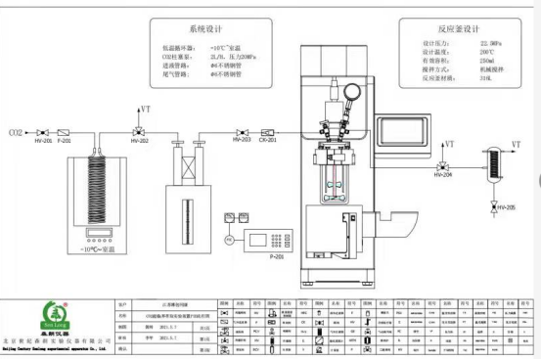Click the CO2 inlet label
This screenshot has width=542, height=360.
coord(17,130)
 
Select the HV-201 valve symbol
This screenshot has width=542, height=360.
coord(43,131)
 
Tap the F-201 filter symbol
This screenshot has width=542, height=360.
coord(65,131)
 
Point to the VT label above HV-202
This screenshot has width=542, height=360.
coord(146,109)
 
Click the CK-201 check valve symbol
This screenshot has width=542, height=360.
coord(267,130)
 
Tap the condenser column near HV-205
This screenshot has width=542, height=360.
coord(492,162)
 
